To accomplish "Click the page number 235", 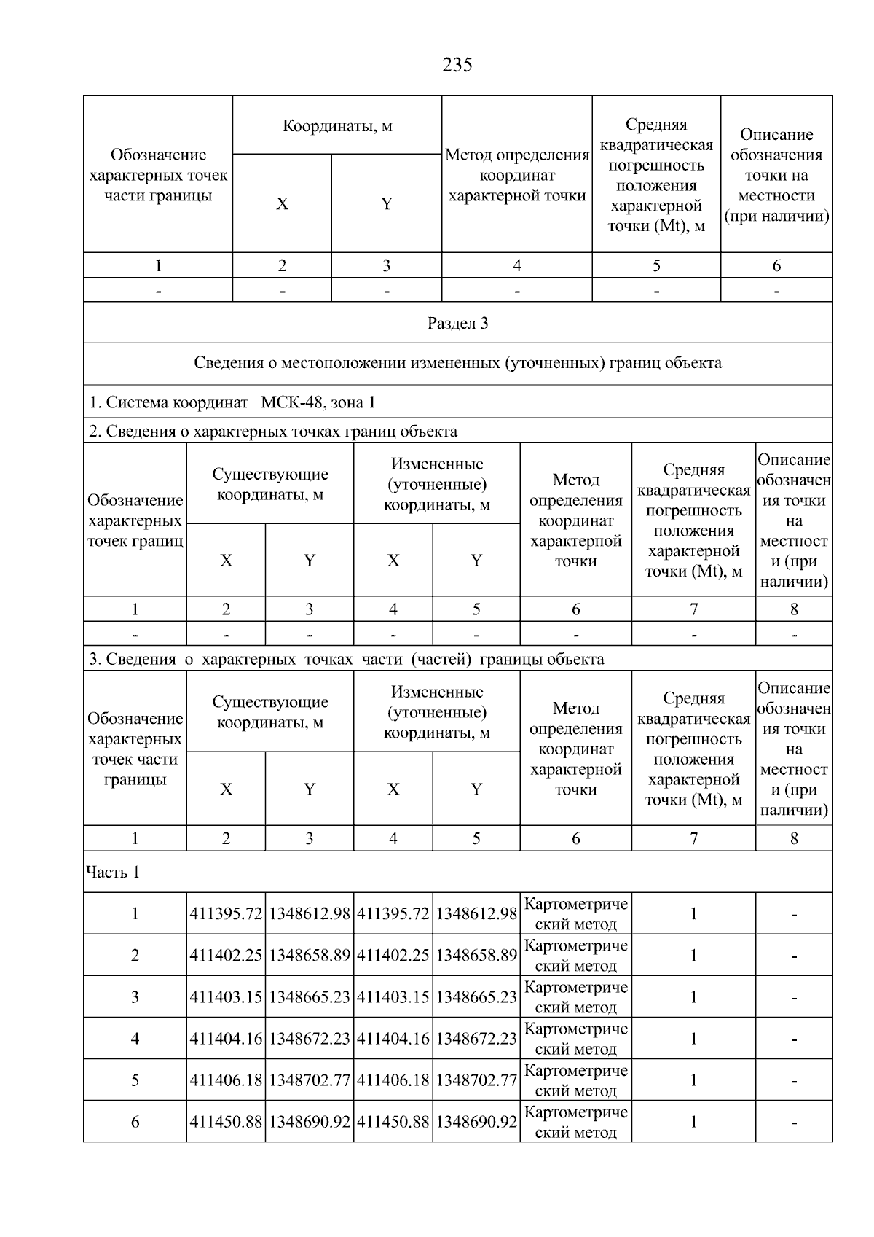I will click(457, 66).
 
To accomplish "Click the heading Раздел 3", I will click(457, 323).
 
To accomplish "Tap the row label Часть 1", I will click(113, 872).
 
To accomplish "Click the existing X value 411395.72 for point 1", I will click(226, 913).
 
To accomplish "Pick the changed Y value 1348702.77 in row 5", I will click(476, 1080).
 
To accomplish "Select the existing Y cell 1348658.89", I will click(310, 955).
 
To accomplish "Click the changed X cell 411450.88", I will click(393, 1121).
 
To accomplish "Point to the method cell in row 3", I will click(575, 996).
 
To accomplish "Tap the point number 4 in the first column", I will click(135, 1038).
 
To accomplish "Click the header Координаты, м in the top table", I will click(337, 126).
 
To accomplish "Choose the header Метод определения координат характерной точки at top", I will click(516, 175).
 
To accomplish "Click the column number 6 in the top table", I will click(776, 265).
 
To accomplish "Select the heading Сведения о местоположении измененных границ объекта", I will click(457, 363).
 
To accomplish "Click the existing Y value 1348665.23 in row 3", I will click(310, 996).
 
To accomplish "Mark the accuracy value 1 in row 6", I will click(693, 1121).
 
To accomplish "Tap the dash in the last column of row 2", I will click(794, 956).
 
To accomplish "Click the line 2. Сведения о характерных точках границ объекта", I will click(273, 431).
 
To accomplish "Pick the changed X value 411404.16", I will click(393, 1038).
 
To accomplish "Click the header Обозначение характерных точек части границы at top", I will click(158, 175).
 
